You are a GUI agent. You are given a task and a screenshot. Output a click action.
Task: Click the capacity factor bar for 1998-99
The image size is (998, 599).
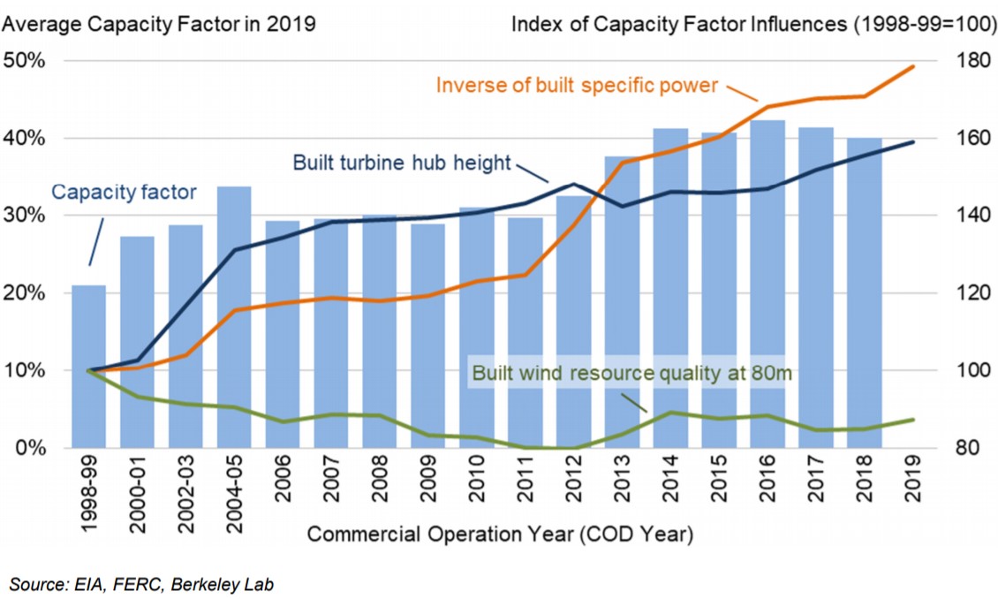pos(88,366)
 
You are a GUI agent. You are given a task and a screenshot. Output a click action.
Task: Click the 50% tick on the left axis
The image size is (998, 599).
pos(26,61)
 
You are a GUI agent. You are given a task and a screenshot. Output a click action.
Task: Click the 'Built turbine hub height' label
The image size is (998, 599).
pos(402,163)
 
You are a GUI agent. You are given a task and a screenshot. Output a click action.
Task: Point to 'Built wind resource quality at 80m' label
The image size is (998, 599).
pos(632,373)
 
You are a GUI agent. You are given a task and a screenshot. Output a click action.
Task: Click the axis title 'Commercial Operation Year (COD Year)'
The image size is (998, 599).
pos(500,535)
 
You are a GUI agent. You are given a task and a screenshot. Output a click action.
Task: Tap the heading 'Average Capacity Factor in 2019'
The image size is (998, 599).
pos(159,23)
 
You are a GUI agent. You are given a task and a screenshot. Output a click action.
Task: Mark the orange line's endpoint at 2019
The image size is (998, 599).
pos(912,66)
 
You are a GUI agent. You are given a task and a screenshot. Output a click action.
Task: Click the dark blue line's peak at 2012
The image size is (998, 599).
pos(574,184)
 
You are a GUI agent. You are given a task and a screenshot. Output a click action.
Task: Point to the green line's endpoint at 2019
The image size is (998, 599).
pos(912,420)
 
